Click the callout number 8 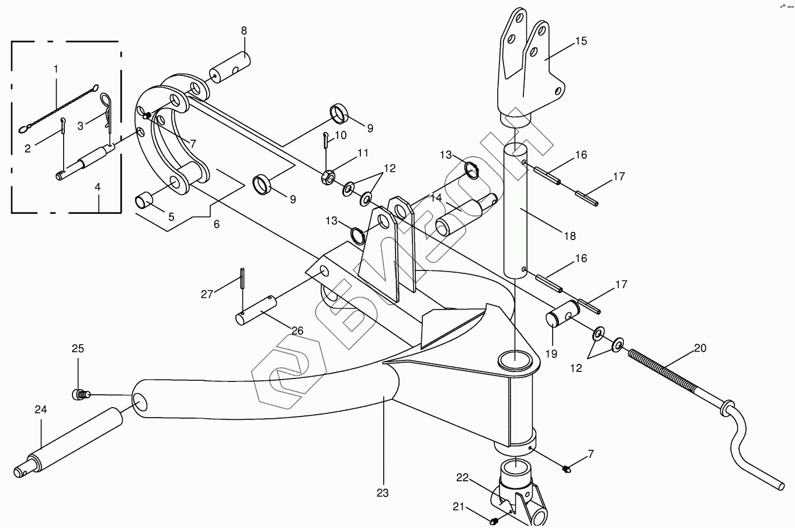[244, 30]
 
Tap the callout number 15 [580, 41]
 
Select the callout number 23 [382, 493]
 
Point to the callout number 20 [700, 348]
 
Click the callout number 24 [40, 409]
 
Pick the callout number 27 [207, 294]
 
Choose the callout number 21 [459, 507]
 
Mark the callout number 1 [56, 69]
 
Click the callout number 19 [551, 353]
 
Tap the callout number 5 [171, 217]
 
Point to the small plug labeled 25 [79, 395]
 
